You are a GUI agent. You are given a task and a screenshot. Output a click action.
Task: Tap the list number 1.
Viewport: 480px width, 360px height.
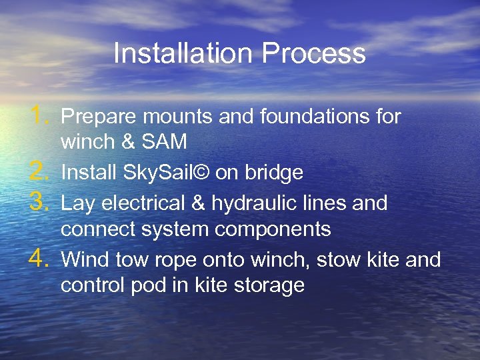[41, 116]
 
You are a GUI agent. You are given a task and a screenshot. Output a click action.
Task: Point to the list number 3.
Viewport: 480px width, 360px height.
[41, 201]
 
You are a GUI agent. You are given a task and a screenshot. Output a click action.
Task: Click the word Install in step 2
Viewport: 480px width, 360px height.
[88, 173]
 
